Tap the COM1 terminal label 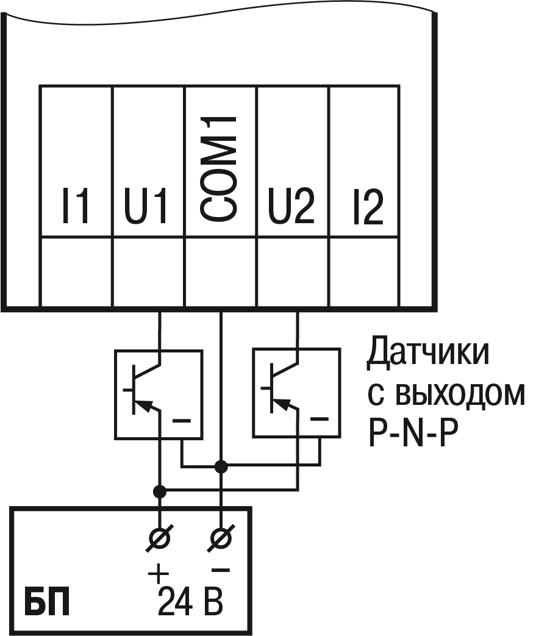(x=220, y=169)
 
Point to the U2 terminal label (x=291, y=208)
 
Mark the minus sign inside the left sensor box (x=182, y=421)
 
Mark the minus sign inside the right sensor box (x=320, y=419)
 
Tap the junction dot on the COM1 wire (x=221, y=467)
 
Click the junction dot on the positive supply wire (x=160, y=490)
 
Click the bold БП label (x=46, y=601)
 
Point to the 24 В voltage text (x=190, y=602)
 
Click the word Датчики (x=427, y=354)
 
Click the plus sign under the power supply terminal (x=158, y=573)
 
